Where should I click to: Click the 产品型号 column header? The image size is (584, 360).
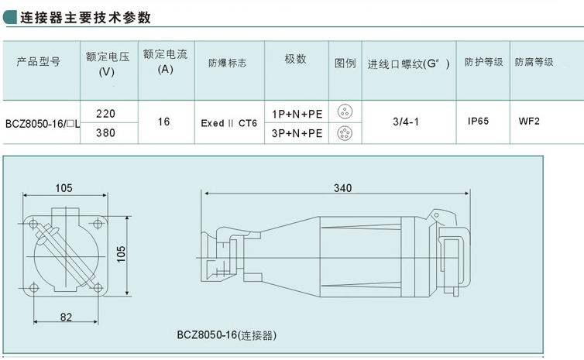coord(39,61)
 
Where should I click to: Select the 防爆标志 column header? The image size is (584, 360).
coord(227,63)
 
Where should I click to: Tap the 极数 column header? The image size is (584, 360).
coord(295,59)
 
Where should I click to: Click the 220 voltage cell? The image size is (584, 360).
coord(106,114)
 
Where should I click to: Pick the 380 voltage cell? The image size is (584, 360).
coord(106,133)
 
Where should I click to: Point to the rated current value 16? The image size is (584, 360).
coord(163,122)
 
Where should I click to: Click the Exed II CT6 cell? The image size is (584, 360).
coord(229,123)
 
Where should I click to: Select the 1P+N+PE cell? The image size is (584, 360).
coord(297,114)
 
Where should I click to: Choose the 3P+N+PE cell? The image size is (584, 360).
coord(297,133)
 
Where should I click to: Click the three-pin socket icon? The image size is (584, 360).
coord(345,111)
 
